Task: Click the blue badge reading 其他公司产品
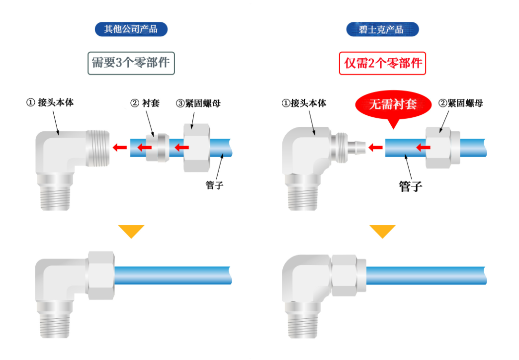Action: [x=131, y=29]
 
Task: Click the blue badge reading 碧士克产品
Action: [x=382, y=29]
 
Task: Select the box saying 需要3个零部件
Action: [x=131, y=63]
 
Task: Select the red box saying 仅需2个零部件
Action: [x=382, y=63]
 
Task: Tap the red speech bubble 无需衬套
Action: [x=393, y=105]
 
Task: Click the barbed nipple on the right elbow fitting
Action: [x=356, y=147]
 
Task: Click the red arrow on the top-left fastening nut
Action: [x=181, y=147]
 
